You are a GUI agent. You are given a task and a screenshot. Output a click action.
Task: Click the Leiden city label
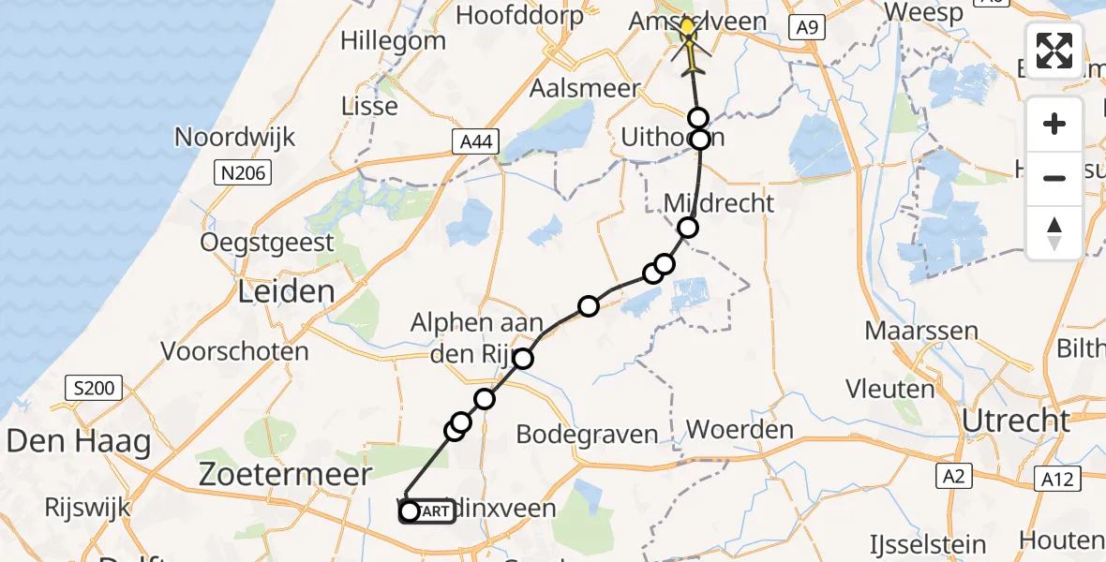[286, 290]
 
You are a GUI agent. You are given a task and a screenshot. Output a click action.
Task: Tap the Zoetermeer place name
[285, 474]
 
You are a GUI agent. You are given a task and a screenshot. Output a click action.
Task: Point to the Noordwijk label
[235, 137]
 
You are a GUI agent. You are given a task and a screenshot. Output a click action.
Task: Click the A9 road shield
[806, 28]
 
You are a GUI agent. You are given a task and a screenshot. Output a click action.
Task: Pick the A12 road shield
[1054, 480]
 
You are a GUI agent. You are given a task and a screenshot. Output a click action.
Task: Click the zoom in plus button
[1054, 124]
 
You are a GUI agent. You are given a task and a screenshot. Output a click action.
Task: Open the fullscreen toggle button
[1054, 51]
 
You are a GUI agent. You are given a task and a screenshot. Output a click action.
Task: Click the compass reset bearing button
[1054, 233]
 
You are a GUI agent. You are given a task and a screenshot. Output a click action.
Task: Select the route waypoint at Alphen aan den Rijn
[522, 359]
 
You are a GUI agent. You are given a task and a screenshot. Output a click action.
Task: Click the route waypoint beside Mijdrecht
[688, 228]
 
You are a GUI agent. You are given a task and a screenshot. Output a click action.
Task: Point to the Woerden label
[740, 431]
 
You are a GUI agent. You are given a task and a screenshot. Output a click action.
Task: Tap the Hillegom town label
[393, 41]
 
